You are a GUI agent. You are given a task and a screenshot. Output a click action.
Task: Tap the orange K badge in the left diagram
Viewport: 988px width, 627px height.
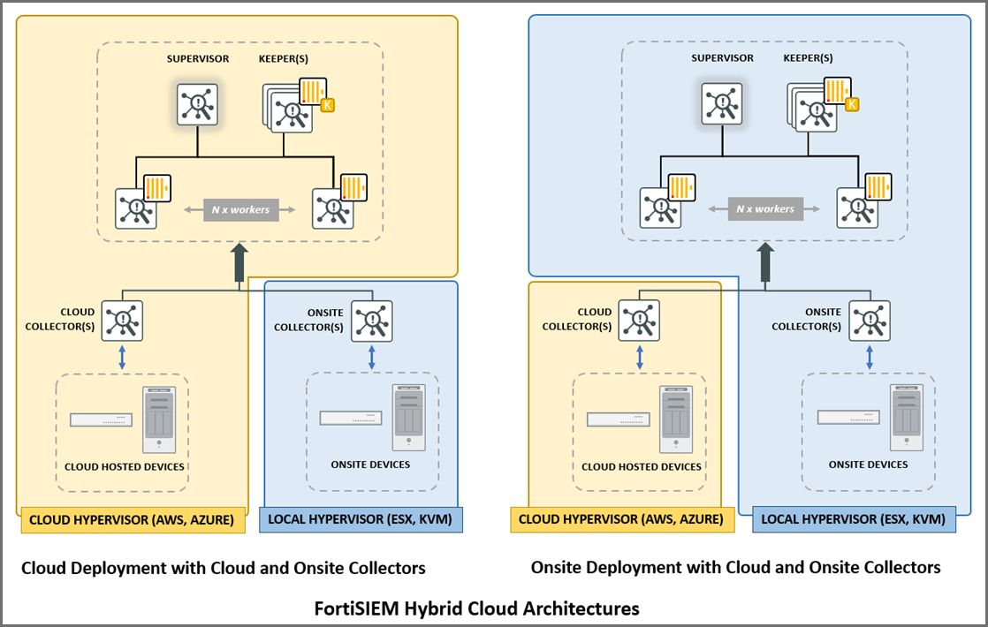(328, 106)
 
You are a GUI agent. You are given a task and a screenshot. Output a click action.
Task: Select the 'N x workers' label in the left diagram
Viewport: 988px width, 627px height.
(240, 210)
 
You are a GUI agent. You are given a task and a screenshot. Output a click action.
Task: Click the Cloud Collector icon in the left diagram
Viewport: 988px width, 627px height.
(122, 320)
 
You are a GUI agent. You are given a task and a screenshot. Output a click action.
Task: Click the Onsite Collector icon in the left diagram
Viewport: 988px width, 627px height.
(371, 320)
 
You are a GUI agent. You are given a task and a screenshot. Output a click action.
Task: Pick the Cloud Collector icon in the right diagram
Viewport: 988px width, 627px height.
(638, 320)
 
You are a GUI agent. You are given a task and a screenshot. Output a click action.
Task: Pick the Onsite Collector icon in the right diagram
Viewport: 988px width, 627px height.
(870, 320)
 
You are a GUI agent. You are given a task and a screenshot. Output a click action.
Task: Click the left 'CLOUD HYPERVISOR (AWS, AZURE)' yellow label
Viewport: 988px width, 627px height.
(133, 520)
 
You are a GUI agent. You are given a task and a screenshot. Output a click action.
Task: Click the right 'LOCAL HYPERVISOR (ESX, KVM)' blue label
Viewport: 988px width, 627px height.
(854, 520)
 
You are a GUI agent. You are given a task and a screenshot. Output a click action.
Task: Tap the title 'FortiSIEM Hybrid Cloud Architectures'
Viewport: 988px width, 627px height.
(476, 608)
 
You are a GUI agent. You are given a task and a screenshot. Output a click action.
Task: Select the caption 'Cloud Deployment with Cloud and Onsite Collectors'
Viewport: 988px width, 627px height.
(224, 567)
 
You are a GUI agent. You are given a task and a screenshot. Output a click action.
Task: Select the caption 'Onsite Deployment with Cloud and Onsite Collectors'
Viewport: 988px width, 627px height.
(735, 567)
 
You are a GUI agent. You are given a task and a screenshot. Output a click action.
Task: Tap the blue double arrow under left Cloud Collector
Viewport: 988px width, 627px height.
(122, 357)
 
